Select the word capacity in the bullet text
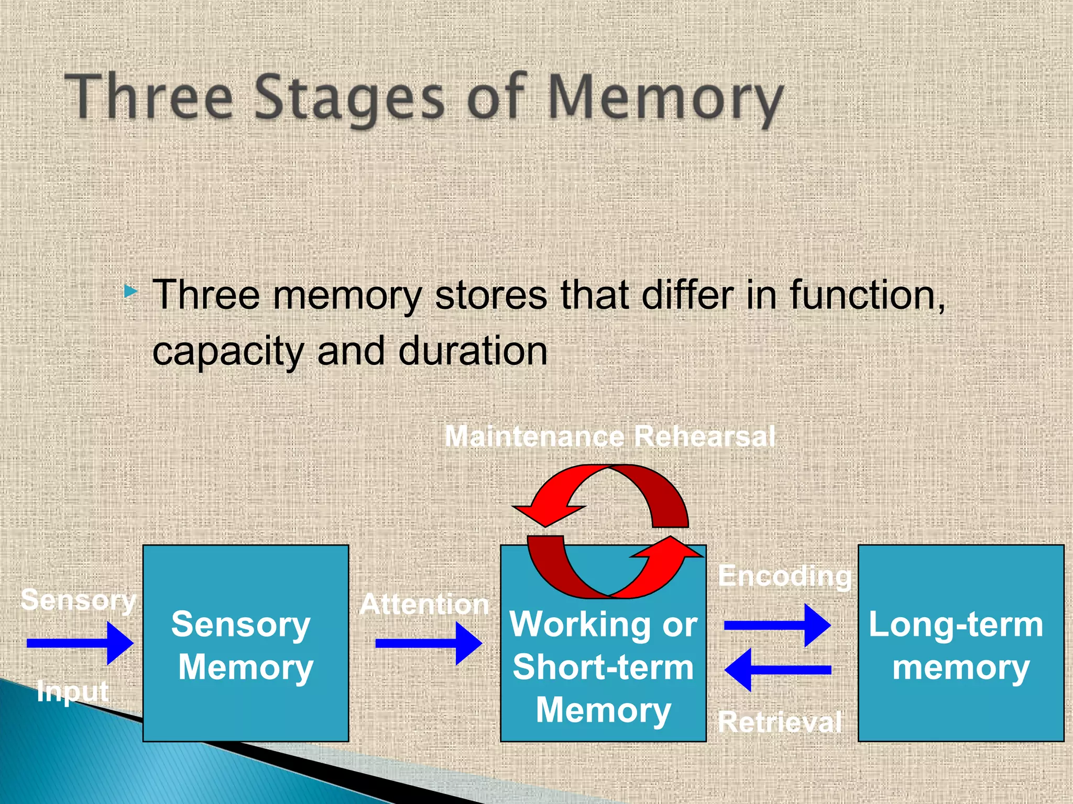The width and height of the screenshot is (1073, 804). tap(228, 352)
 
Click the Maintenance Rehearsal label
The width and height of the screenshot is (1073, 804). tap(609, 436)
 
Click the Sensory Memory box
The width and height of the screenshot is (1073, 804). tap(245, 644)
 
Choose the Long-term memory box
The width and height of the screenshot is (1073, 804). tap(960, 644)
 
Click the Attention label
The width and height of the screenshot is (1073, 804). tap(424, 605)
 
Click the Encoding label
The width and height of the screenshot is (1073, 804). tap(784, 576)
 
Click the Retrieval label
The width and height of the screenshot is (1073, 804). tap(780, 722)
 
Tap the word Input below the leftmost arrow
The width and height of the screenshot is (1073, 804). tap(73, 691)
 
